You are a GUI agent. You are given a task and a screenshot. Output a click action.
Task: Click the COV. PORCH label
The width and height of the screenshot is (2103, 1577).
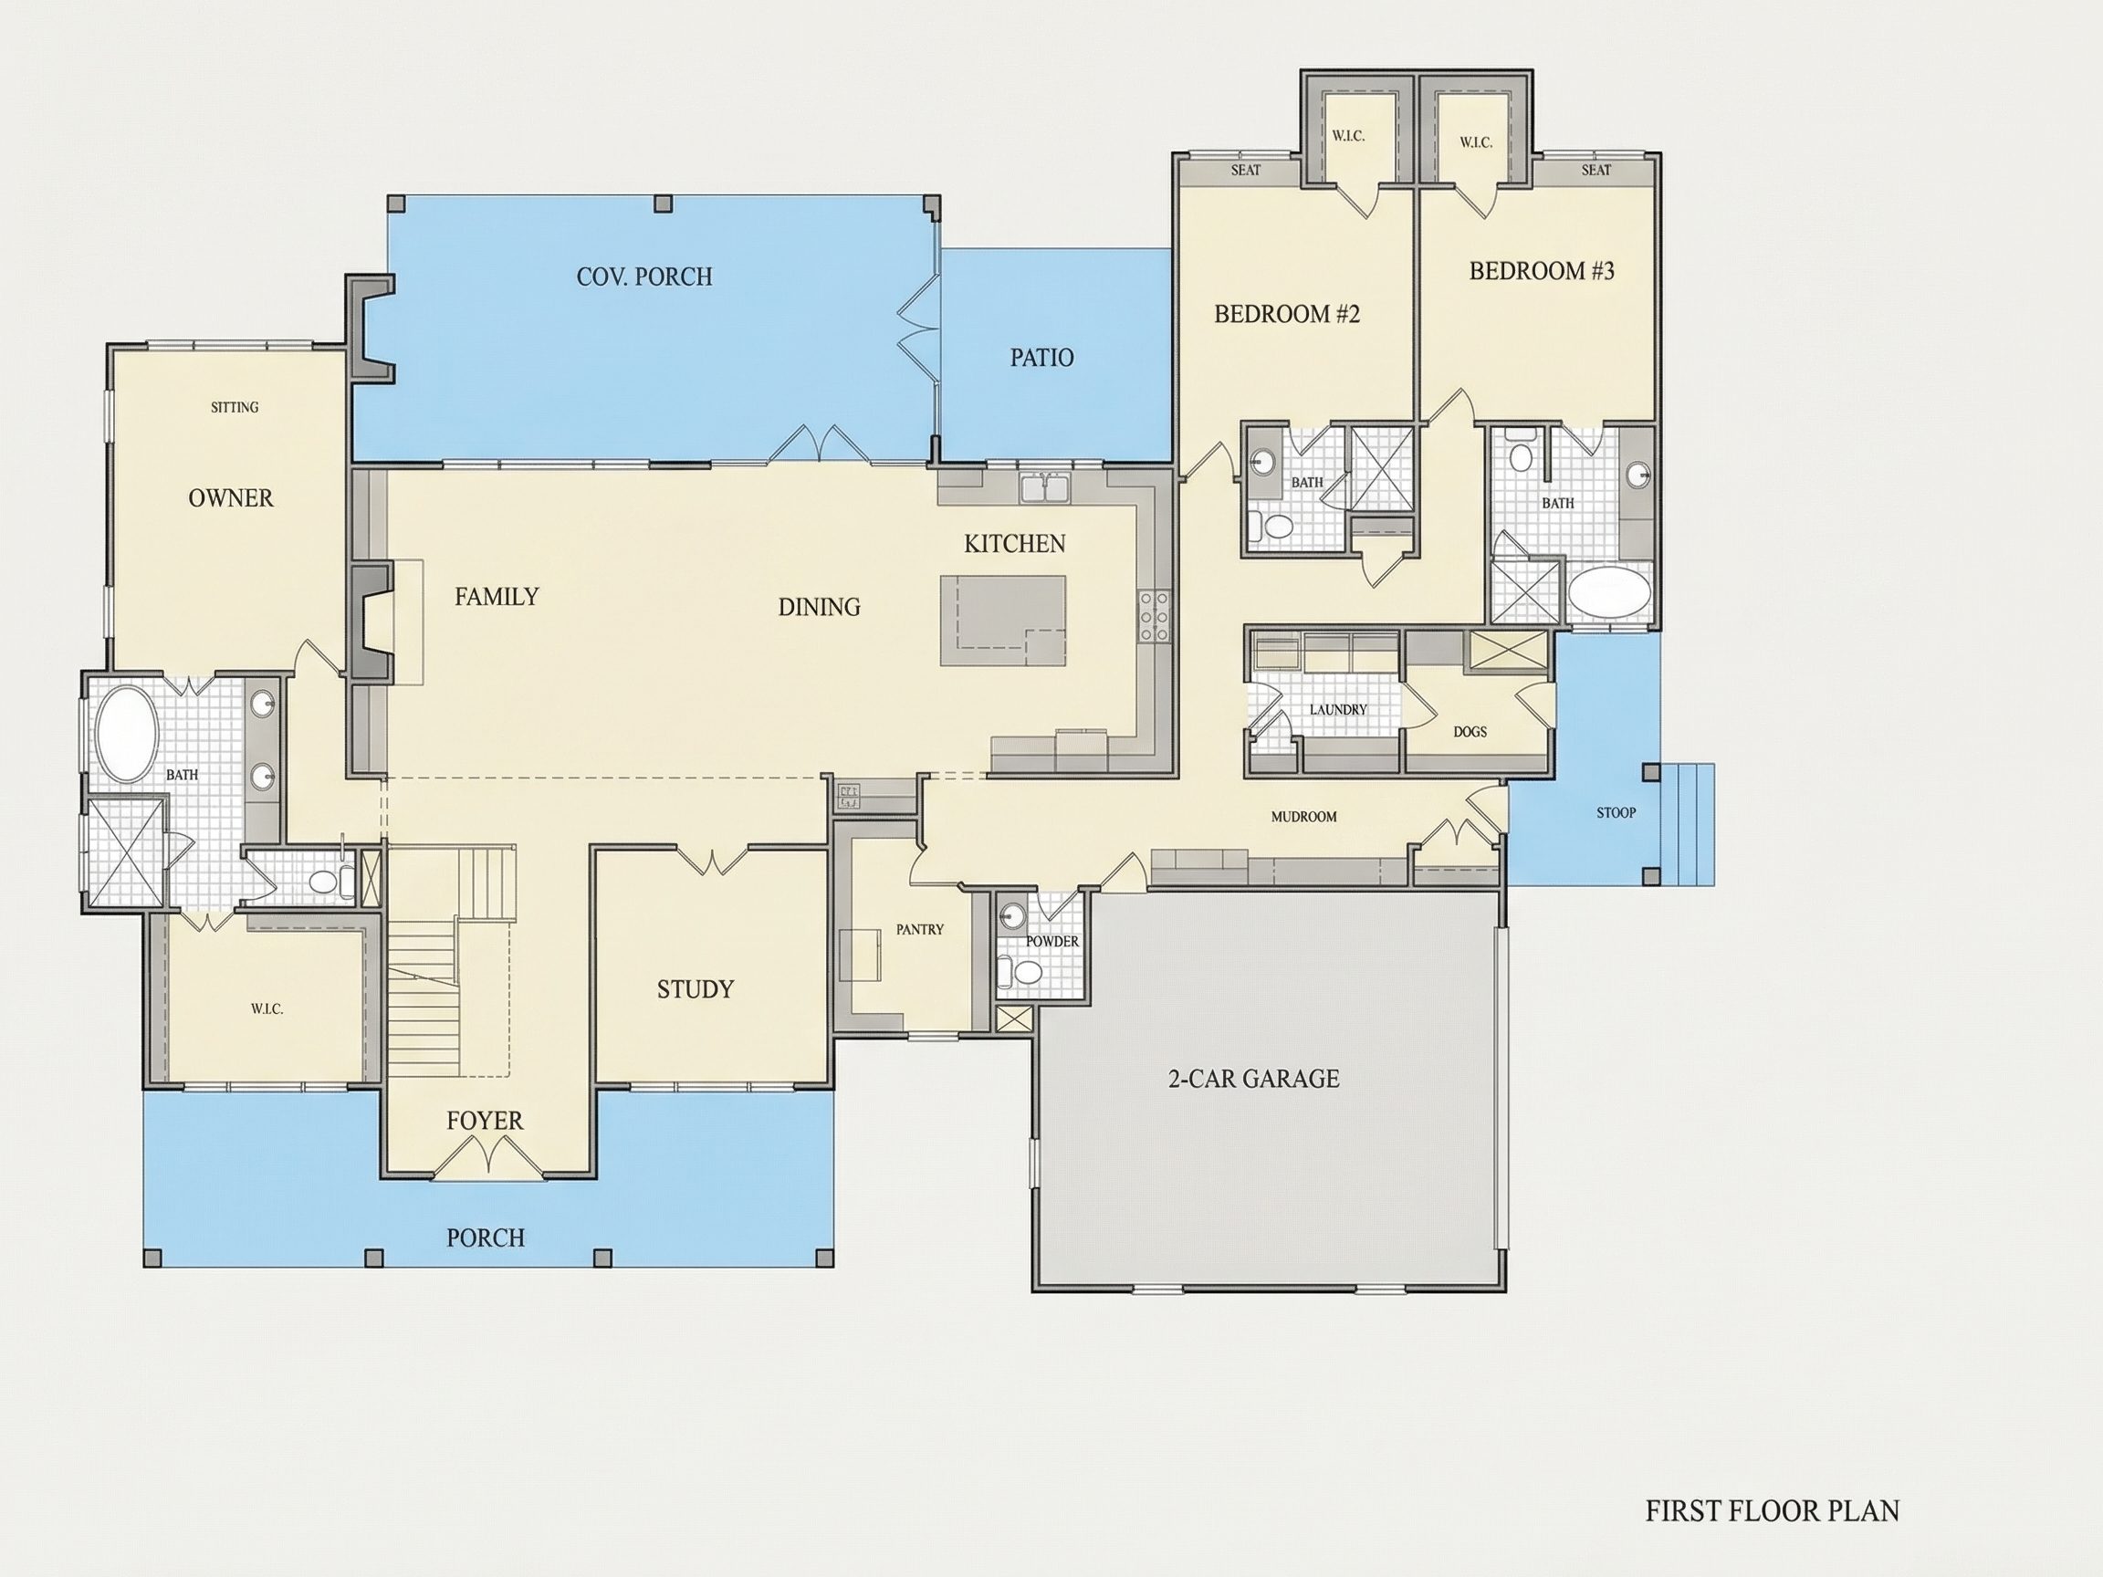[643, 277]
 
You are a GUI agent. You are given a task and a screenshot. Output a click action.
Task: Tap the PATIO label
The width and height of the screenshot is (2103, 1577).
[1042, 358]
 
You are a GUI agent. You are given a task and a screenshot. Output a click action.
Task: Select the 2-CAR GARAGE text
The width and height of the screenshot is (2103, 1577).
[1253, 1078]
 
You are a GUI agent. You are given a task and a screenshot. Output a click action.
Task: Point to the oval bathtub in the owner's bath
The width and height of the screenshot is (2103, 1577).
[127, 735]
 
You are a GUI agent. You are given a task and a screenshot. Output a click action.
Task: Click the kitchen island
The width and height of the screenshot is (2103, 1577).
[1003, 621]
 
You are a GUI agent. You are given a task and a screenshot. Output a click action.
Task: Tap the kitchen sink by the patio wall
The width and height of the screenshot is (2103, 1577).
[1045, 487]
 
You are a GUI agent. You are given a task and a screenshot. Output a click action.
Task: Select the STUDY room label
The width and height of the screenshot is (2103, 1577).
[695, 989]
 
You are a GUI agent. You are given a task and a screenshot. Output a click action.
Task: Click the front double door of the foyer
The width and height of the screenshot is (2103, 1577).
[488, 1157]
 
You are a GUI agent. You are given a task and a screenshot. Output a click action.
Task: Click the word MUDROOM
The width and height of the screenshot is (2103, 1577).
[1303, 817]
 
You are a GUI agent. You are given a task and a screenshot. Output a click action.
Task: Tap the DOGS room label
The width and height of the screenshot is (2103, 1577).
[1470, 732]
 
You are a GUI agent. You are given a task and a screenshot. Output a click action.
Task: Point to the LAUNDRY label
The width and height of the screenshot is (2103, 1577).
[1338, 709]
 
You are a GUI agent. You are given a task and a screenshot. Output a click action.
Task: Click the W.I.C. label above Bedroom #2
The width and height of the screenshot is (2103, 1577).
[1348, 136]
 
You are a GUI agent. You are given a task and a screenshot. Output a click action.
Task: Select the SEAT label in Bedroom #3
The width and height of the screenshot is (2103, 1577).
[1596, 170]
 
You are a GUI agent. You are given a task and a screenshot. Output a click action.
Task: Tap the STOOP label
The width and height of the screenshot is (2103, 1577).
[1616, 813]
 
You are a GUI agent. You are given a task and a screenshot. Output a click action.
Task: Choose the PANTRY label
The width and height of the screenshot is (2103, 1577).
[919, 929]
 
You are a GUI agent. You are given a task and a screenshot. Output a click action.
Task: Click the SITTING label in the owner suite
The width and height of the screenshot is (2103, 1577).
[234, 407]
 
